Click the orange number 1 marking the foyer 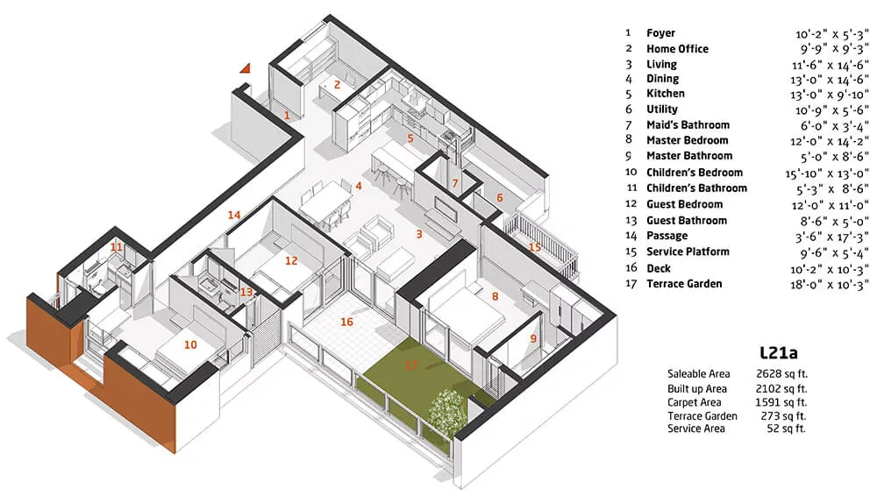286,115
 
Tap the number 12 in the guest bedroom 291,260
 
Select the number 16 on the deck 347,322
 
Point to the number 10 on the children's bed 190,344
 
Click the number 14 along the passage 234,215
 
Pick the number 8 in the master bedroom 495,297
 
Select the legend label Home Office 677,49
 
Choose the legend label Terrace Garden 684,284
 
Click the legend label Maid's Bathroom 688,125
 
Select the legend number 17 629,284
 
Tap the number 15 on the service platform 535,247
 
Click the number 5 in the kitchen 410,138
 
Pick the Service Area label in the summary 696,429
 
